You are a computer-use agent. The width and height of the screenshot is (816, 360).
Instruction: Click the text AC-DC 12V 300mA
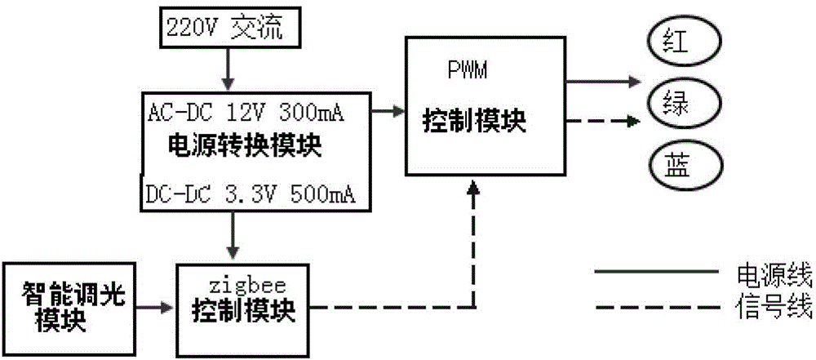click(245, 112)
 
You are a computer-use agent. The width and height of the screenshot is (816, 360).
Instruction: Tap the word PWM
click(467, 72)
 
